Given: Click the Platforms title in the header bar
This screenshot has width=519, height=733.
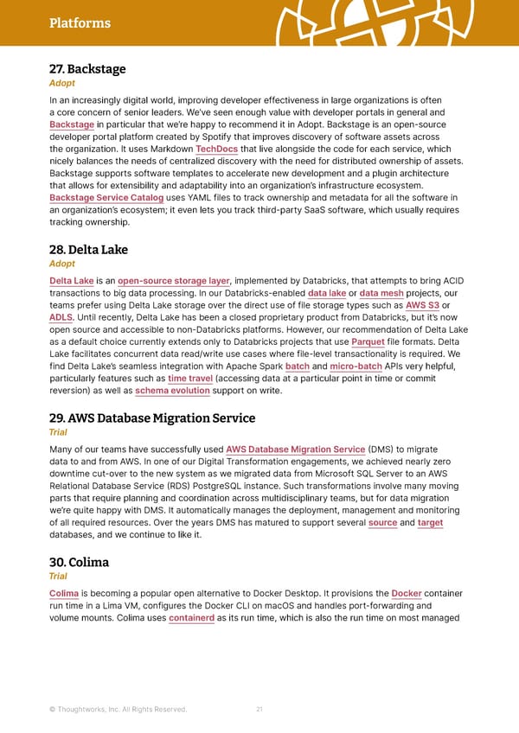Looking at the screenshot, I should coord(80,23).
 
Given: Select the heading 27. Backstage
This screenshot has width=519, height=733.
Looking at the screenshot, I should coord(87,69).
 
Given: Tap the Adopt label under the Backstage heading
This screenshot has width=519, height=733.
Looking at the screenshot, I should coord(61,83).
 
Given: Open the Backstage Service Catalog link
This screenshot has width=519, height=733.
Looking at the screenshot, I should coord(106,198).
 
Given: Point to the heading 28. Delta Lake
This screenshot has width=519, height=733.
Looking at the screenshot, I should coord(89,250).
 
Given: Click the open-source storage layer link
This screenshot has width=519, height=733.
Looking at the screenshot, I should coord(174,280).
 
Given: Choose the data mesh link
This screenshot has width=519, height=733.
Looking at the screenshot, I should coord(381,292).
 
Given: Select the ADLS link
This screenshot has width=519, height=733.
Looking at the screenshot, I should coord(61,317).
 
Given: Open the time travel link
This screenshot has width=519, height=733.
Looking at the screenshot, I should coord(189,378).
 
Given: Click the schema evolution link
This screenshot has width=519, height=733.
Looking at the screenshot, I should coord(173,390).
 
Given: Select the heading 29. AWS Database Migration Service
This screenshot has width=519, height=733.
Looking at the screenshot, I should coord(152,418).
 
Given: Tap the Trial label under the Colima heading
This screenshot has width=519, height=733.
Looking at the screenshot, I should coord(60,576).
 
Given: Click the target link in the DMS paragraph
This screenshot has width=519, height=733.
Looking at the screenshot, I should coord(430,522).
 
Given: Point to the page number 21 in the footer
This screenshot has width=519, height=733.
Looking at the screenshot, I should coord(259,709).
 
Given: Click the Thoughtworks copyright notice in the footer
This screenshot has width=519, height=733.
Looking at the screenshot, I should coord(119,710).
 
